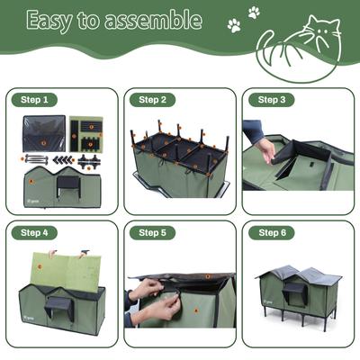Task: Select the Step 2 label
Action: pyautogui.click(x=152, y=100)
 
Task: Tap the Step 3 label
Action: pyautogui.click(x=271, y=100)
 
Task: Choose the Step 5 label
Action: pyautogui.click(x=152, y=232)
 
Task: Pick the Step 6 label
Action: pyautogui.click(x=271, y=232)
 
